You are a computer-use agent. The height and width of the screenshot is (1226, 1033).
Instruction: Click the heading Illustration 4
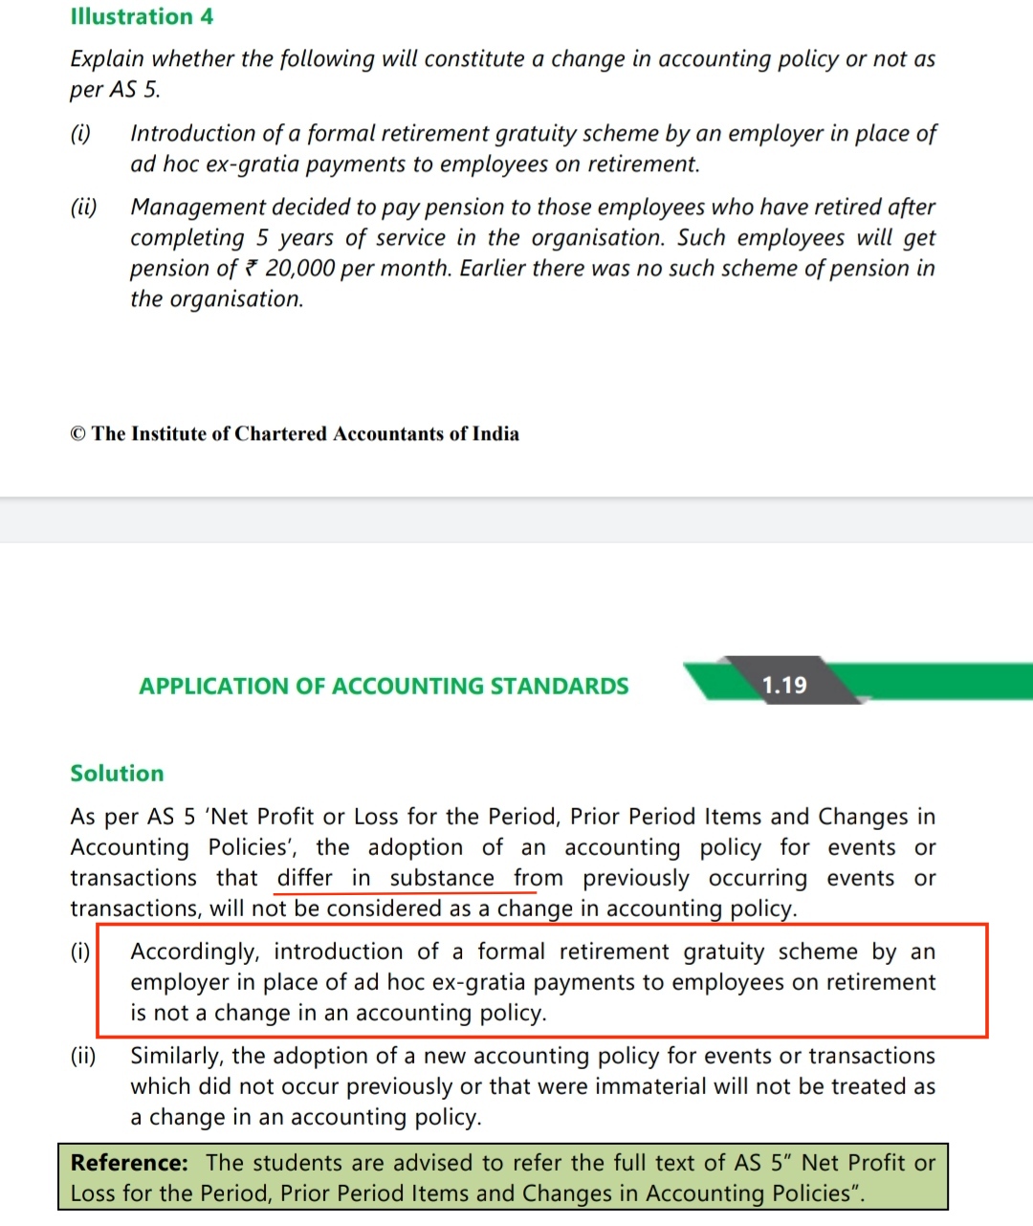[142, 16]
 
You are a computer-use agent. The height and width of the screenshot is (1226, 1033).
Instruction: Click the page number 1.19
[784, 685]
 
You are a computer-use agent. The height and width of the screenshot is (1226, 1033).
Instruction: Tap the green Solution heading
[117, 773]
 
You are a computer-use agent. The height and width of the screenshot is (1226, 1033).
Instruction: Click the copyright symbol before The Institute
[77, 434]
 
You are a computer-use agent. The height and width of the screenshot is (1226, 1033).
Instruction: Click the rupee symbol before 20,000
[252, 269]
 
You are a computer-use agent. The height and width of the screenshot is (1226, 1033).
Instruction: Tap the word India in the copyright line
[495, 434]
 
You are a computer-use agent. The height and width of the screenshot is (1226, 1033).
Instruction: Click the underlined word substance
[442, 878]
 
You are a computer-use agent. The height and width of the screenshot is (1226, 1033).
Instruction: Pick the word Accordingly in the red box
[194, 952]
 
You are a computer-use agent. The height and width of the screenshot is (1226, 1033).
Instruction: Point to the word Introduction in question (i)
[193, 134]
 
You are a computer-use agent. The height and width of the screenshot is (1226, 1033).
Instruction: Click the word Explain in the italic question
[107, 59]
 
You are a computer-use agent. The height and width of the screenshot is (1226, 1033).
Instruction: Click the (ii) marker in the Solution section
[83, 1056]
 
